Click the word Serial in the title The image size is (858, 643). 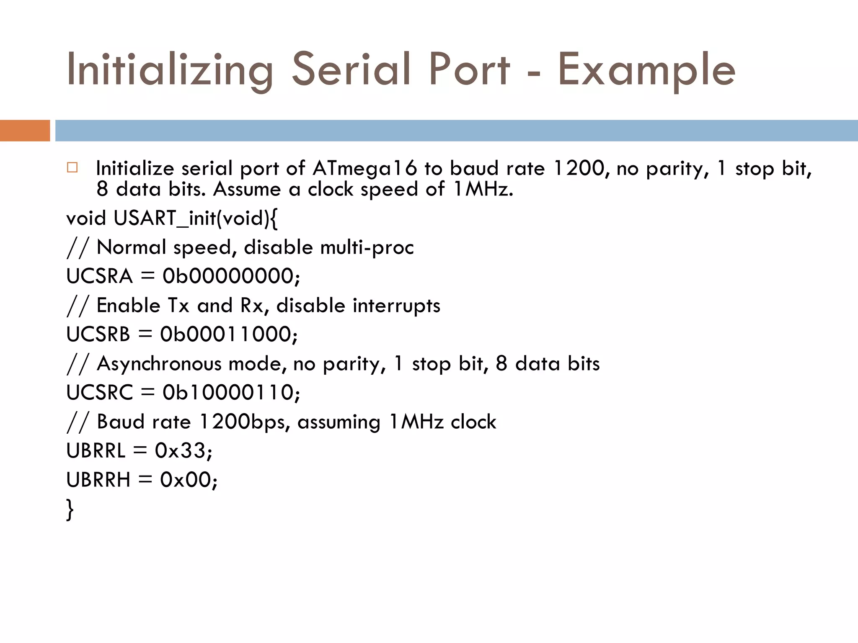(351, 69)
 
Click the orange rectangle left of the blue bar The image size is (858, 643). (25, 131)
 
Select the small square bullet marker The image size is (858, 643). (72, 168)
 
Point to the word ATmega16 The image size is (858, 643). (364, 168)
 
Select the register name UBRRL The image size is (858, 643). (96, 451)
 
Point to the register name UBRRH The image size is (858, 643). (98, 480)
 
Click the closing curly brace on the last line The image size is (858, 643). (70, 509)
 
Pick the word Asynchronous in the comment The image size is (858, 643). (159, 364)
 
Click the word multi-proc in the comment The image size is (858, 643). (367, 247)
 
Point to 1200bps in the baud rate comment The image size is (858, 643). (242, 422)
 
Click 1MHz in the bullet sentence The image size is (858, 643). (481, 189)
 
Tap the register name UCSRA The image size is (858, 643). (99, 276)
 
